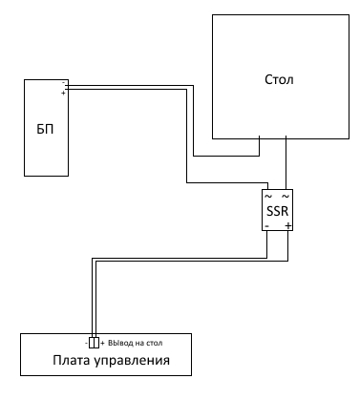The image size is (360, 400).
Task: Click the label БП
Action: click(x=45, y=129)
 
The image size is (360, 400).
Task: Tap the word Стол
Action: click(x=279, y=79)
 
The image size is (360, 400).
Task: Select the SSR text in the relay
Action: click(x=277, y=211)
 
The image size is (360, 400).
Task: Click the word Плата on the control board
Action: click(x=72, y=360)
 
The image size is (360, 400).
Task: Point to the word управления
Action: click(x=132, y=361)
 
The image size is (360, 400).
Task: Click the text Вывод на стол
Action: click(x=136, y=343)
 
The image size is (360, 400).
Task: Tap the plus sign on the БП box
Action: click(x=63, y=94)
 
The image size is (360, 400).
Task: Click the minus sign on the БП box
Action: click(x=63, y=82)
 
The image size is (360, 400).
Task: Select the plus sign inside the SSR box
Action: click(x=287, y=225)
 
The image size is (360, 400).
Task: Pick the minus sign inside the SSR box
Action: click(x=266, y=226)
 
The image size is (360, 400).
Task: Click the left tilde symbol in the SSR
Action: click(x=268, y=196)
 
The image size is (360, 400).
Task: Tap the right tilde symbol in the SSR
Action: click(x=286, y=196)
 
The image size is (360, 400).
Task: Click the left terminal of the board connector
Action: click(x=92, y=343)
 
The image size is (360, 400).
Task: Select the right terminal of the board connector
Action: click(x=96, y=343)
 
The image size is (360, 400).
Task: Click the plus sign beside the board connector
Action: click(x=102, y=344)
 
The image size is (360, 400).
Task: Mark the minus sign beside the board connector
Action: click(x=86, y=344)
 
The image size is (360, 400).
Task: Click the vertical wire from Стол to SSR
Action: click(x=286, y=162)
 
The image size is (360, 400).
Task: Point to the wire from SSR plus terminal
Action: click(x=192, y=262)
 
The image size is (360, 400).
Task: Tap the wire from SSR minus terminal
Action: click(x=180, y=258)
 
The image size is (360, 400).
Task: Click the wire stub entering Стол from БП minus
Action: click(x=259, y=146)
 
